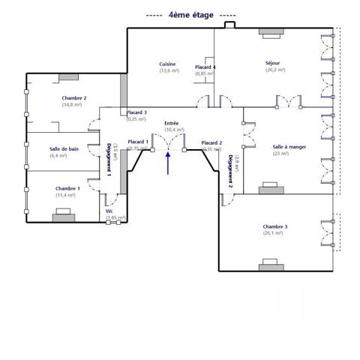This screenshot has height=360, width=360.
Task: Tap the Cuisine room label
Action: click(168, 64)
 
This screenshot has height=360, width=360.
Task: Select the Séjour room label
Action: click(273, 63)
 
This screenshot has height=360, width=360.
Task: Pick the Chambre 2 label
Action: click(74, 98)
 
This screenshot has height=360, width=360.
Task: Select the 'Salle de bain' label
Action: click(64, 148)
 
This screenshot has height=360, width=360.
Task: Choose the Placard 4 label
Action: click(205, 67)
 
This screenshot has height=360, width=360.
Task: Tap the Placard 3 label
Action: click(136, 112)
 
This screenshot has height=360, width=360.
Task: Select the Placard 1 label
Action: click(138, 142)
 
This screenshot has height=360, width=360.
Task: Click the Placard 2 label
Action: click(211, 142)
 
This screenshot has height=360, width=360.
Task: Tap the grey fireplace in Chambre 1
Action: click(63, 216)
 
